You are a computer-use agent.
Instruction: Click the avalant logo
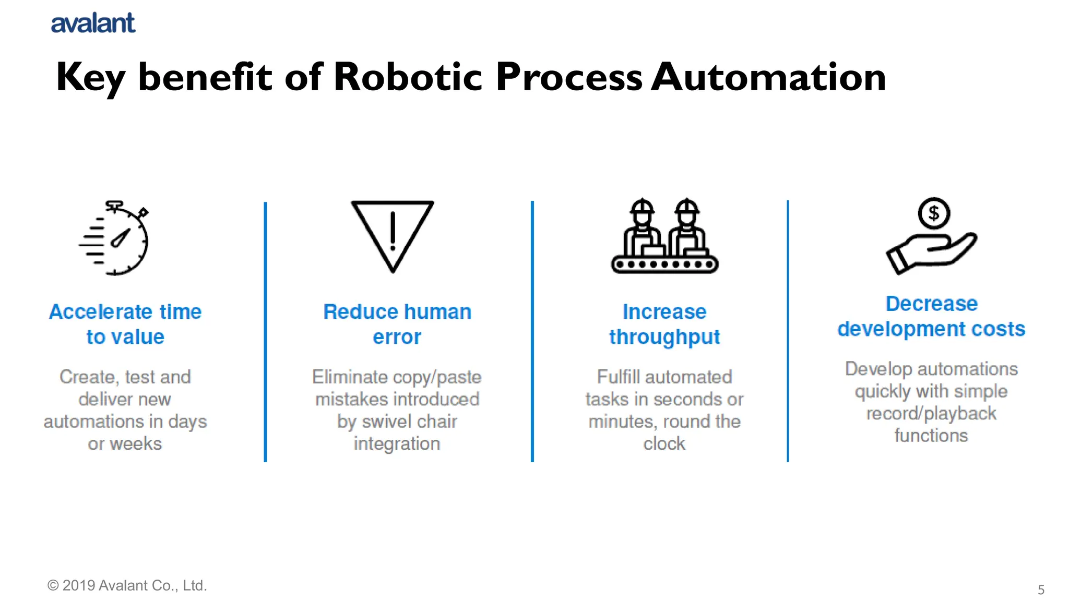[93, 23]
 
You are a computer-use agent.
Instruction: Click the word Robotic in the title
[408, 77]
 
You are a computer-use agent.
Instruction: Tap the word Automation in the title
[768, 77]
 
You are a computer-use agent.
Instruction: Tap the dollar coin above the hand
[934, 213]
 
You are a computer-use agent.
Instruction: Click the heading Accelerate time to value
[125, 324]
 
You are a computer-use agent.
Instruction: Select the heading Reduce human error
[397, 324]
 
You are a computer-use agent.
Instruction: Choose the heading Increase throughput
[664, 324]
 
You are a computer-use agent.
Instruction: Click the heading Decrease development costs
[931, 316]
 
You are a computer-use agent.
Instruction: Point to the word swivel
[384, 422]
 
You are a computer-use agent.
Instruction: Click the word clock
[664, 444]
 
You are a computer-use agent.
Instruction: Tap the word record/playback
[931, 413]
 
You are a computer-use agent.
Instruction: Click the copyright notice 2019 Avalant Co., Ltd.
[127, 585]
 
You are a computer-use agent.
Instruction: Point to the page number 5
[1041, 590]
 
